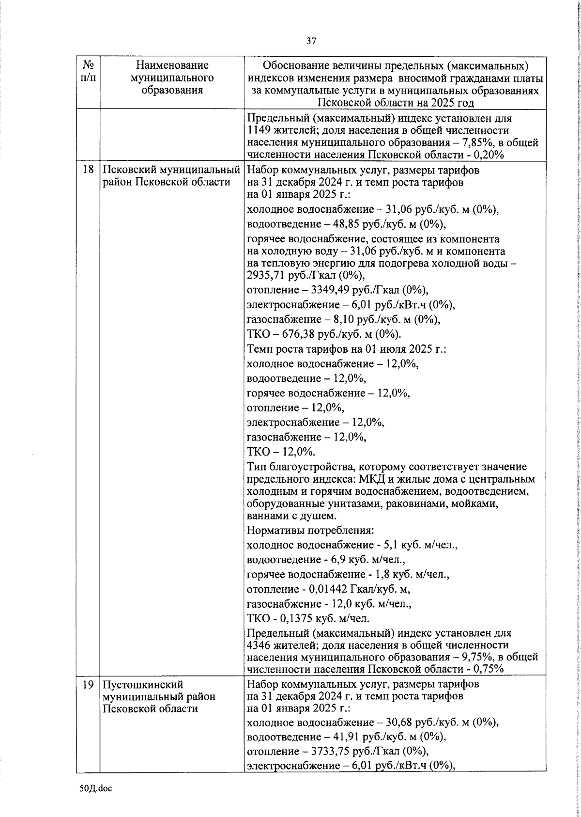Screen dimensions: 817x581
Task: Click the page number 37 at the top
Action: tap(311, 41)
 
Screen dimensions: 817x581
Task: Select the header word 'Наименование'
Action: tap(172, 65)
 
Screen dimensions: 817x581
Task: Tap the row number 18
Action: tap(88, 171)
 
